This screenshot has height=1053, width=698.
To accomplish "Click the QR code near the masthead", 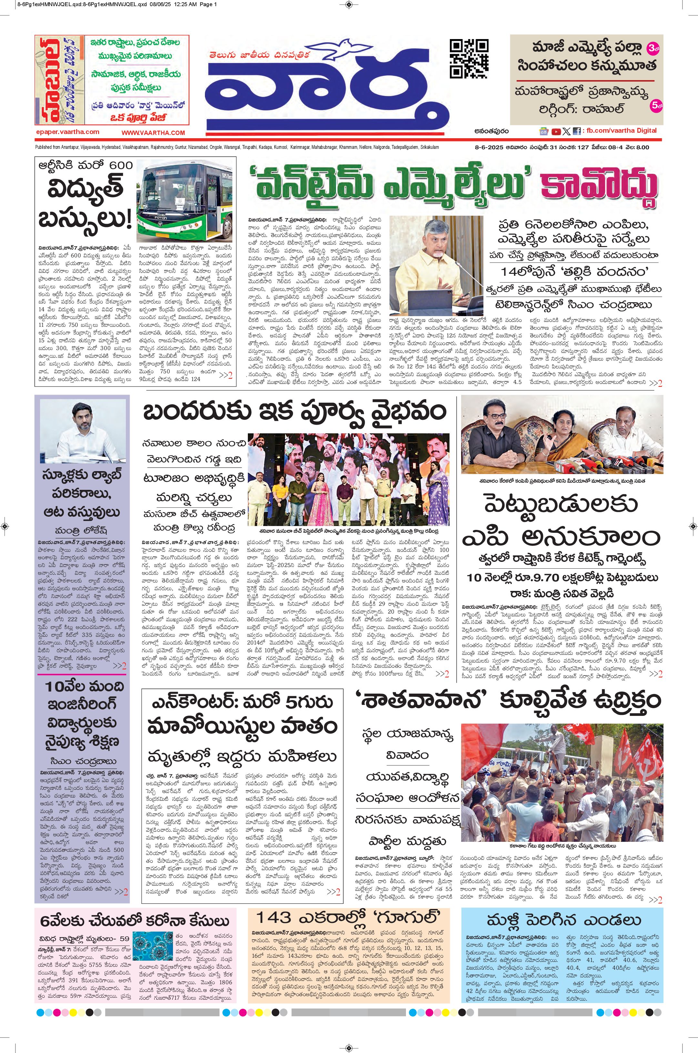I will tap(469, 59).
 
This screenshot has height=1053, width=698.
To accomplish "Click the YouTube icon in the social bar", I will tap(556, 131).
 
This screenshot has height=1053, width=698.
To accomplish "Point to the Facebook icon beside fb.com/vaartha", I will tap(576, 131).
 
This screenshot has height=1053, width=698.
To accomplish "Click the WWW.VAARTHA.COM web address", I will tap(153, 133).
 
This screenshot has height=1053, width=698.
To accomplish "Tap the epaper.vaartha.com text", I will tap(67, 132).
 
